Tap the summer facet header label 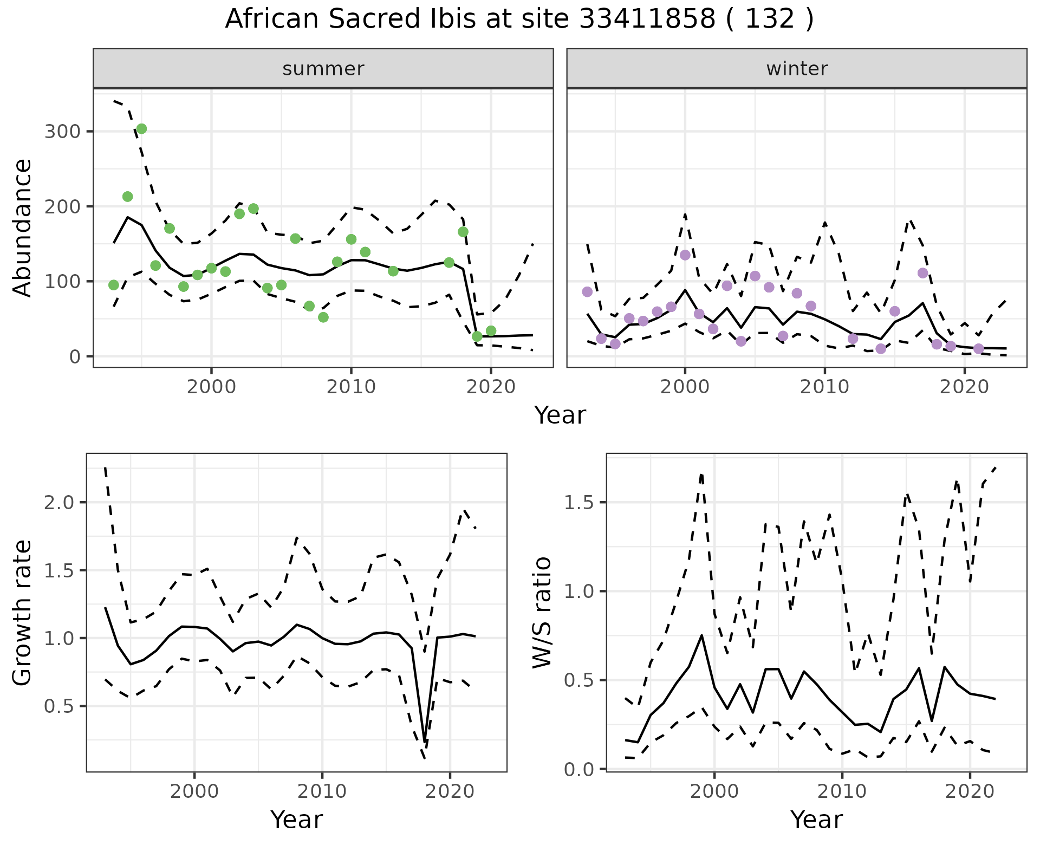point(323,69)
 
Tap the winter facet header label point(797,69)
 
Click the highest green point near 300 point(141,128)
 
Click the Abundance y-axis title point(22,227)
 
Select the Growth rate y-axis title point(22,613)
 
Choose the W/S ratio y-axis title point(542,613)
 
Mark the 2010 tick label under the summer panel point(351,387)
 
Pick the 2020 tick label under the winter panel point(964,387)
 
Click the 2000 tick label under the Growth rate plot point(194,791)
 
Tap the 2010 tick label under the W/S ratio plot point(842,791)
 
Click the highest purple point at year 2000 point(685,255)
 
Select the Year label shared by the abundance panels point(560,415)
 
